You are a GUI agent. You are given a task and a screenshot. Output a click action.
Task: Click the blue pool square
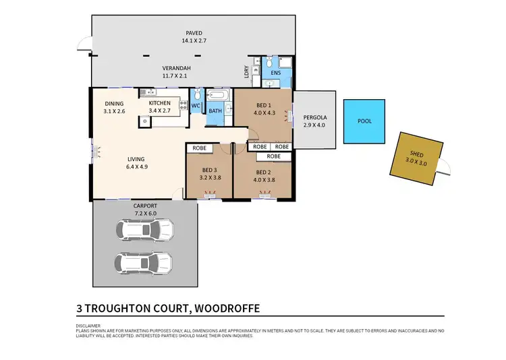click(364, 121)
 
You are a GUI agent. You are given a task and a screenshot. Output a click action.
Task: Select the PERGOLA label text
click(314, 117)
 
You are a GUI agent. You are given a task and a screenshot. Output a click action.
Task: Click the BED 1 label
click(262, 105)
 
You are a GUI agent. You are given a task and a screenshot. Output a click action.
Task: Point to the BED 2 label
click(262, 171)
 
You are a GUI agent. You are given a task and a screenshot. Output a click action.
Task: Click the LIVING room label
click(136, 160)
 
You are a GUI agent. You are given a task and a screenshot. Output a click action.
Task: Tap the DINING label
click(114, 102)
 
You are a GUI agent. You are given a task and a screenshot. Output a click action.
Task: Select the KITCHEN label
click(160, 102)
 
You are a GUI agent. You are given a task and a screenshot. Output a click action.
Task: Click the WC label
click(196, 106)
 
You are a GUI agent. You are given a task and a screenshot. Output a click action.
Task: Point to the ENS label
click(275, 72)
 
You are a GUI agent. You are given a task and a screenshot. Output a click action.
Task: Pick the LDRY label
click(247, 71)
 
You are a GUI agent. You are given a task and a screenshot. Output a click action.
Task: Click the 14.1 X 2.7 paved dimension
click(194, 40)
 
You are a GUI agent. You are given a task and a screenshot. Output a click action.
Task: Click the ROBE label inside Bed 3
click(199, 148)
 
